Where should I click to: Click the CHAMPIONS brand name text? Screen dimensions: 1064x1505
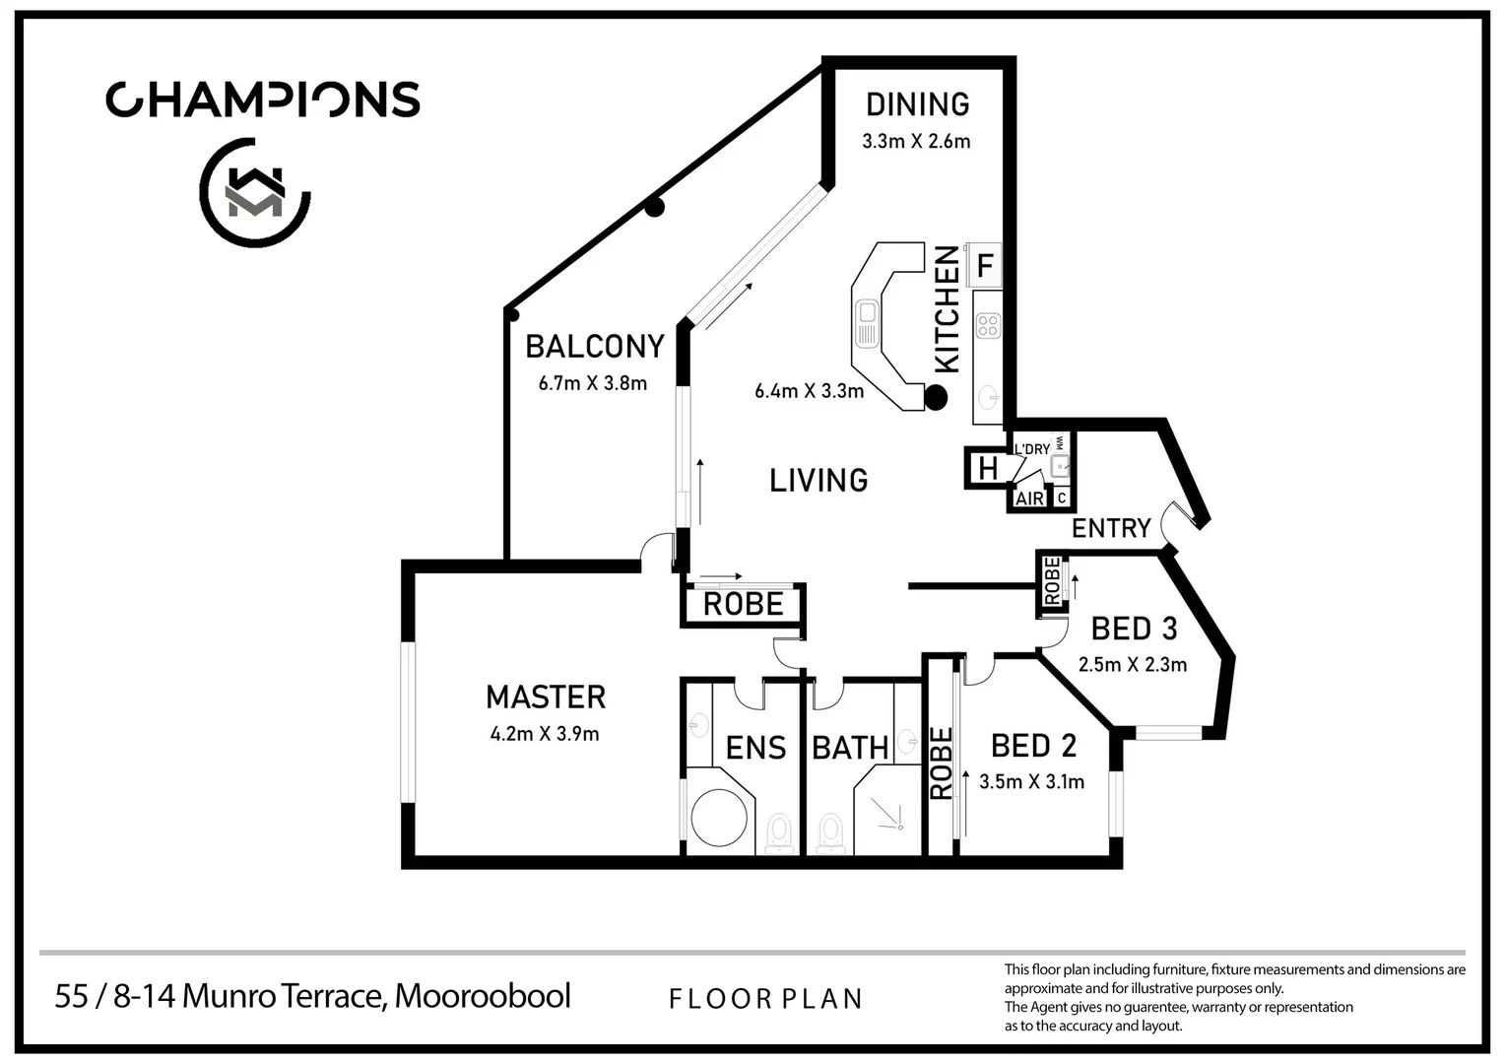click(x=263, y=100)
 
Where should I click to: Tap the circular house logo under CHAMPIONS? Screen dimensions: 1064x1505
click(x=255, y=192)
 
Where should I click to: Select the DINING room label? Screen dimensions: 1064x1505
click(x=917, y=104)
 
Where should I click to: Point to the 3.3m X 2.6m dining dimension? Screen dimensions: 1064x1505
click(x=916, y=141)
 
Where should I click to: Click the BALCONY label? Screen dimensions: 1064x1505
click(x=594, y=347)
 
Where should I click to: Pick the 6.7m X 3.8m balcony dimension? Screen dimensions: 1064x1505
click(x=592, y=383)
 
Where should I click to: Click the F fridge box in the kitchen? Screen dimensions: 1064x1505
click(x=984, y=266)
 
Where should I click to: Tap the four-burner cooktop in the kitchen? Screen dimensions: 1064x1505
click(x=987, y=325)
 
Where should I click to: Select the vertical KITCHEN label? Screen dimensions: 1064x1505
click(x=946, y=309)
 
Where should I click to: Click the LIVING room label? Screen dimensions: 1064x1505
click(x=818, y=481)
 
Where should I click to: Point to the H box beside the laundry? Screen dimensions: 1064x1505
click(x=987, y=469)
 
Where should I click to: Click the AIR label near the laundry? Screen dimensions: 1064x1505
click(x=1029, y=499)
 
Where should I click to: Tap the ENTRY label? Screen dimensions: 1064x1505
click(x=1111, y=529)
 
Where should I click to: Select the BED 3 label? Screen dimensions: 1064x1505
click(x=1134, y=629)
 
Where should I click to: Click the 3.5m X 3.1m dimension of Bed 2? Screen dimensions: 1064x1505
click(x=1031, y=782)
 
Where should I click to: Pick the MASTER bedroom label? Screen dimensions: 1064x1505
click(x=546, y=698)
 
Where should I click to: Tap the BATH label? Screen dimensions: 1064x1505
click(x=850, y=749)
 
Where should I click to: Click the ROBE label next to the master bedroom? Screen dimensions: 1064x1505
click(x=743, y=604)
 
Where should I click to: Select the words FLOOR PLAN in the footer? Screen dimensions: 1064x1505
click(x=765, y=999)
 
